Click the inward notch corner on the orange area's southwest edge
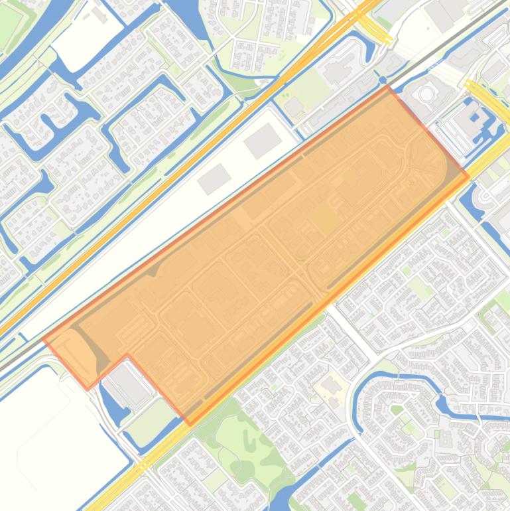point(127,355)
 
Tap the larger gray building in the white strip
point(263,140)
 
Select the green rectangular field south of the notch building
point(151,415)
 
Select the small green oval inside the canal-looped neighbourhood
point(397,409)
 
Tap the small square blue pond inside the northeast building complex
point(476,118)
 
